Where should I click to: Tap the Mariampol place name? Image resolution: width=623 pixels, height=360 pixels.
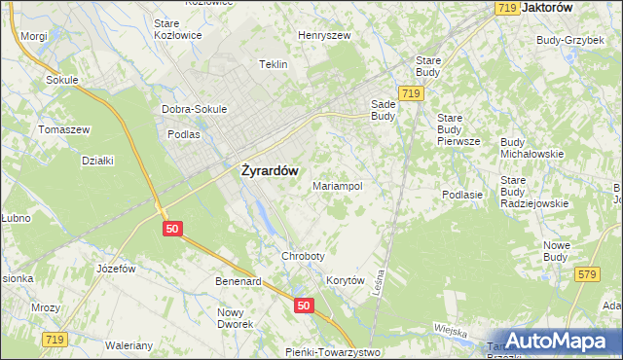(338, 185)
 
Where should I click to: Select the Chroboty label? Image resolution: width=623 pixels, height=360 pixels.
(302, 256)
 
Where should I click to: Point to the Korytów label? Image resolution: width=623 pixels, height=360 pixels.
(345, 280)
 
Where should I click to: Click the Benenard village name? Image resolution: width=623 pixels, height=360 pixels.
(238, 281)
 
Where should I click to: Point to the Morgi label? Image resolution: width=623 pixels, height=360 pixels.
(33, 35)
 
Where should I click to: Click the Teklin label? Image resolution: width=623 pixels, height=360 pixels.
(274, 64)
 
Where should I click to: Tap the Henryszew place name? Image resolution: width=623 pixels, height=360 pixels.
(324, 35)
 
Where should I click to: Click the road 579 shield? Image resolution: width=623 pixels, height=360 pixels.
(586, 276)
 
